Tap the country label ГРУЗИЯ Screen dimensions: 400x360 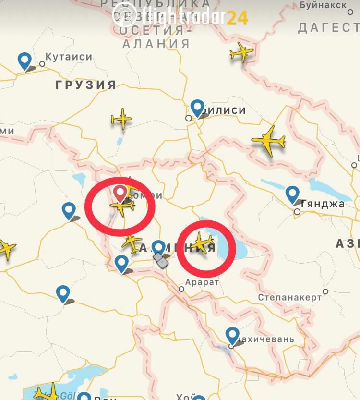(86, 85)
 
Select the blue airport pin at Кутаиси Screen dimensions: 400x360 (24, 60)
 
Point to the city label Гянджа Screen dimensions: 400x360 (322, 204)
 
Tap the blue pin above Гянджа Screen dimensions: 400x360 (292, 194)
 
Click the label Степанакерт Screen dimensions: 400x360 (289, 297)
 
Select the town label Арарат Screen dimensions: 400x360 (202, 282)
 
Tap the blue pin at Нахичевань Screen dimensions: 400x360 (232, 335)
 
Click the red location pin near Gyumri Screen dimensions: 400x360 (120, 193)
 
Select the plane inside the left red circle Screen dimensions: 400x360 (123, 207)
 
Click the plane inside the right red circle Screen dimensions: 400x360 (203, 242)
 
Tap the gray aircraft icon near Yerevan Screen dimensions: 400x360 (161, 261)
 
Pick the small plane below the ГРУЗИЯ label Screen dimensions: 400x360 (122, 119)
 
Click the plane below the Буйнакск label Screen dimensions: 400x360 (241, 52)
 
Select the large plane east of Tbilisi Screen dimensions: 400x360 (269, 140)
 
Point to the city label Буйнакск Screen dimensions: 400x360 (323, 5)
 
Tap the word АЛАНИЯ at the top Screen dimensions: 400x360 (156, 44)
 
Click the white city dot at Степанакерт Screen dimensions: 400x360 (325, 291)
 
